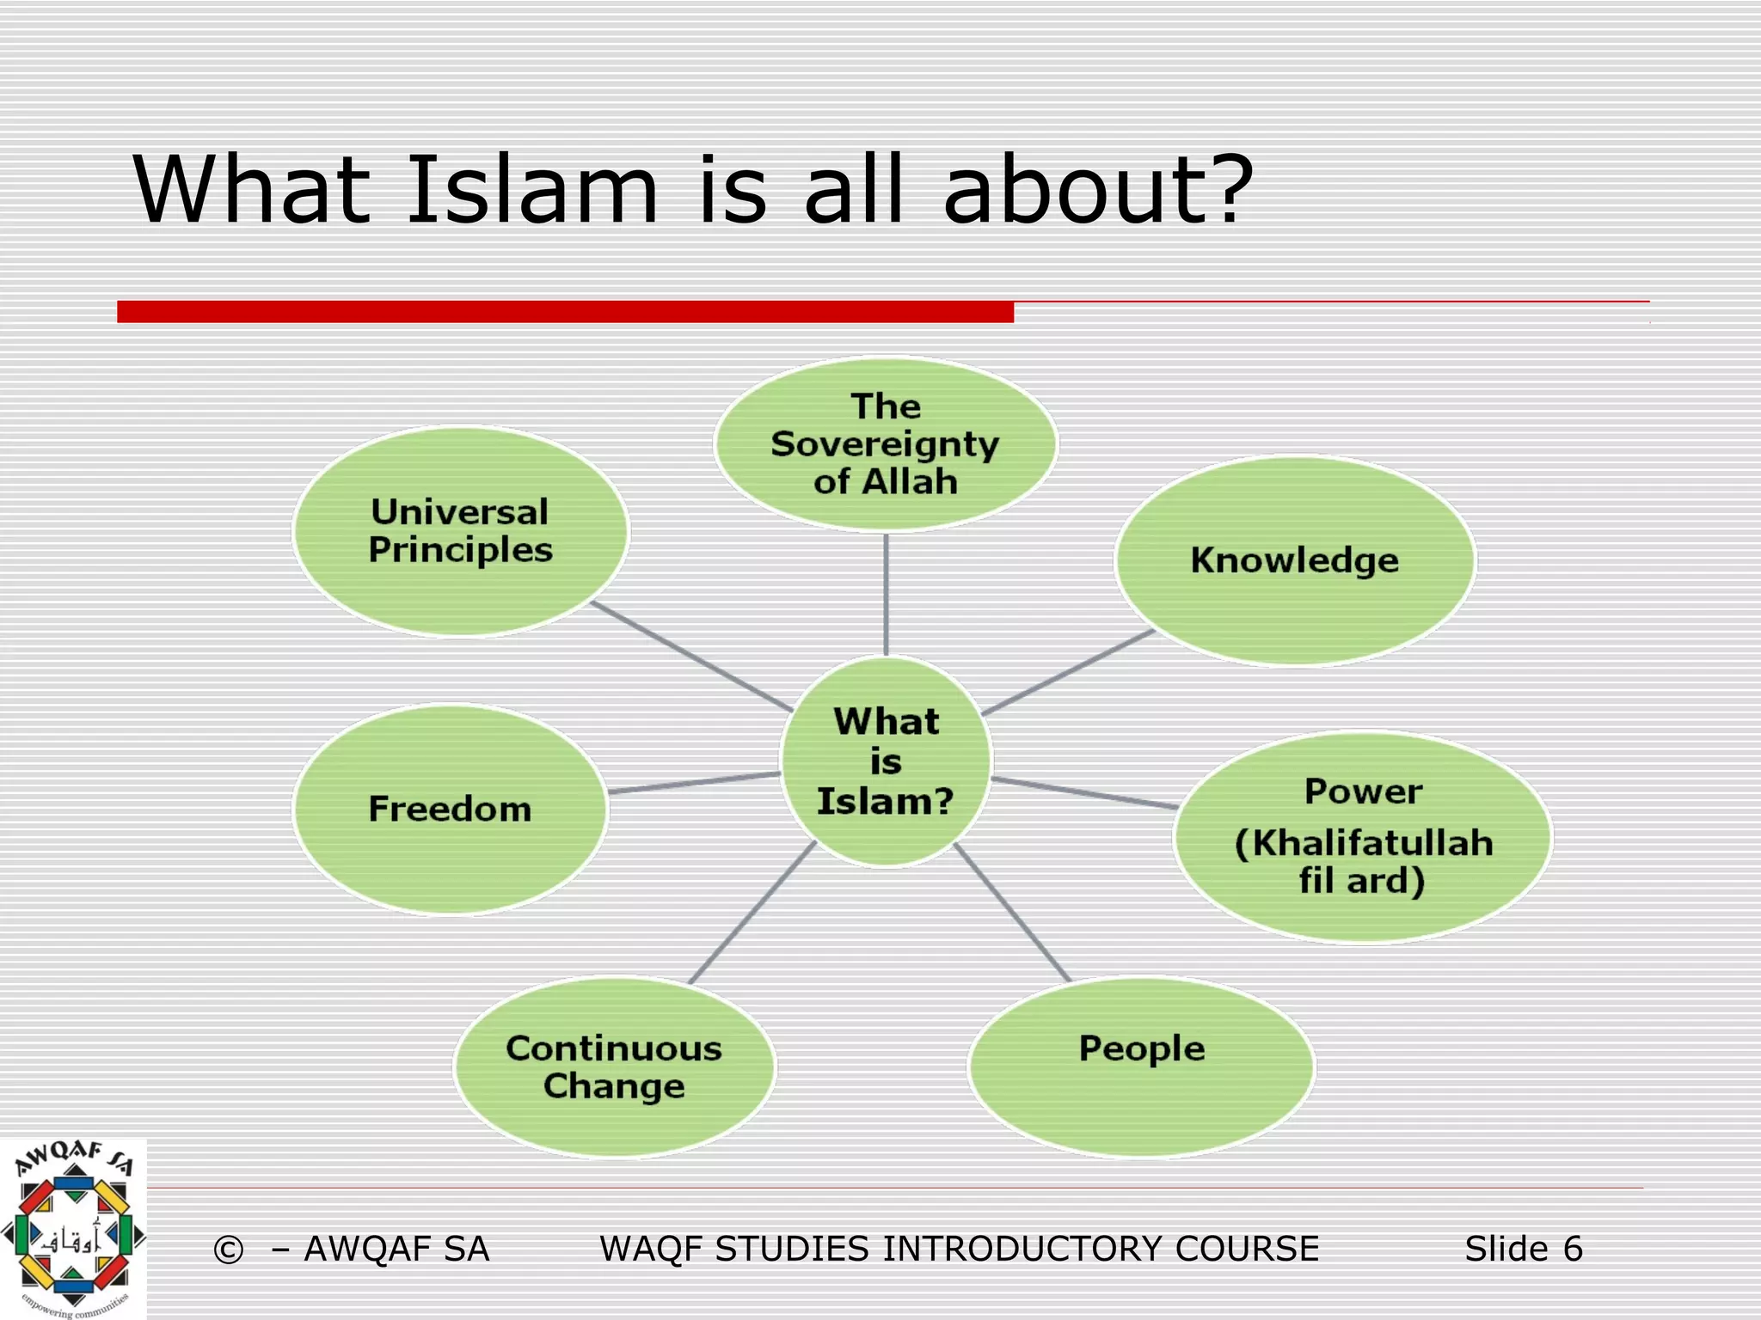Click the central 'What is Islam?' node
coord(887,761)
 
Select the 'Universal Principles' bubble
coord(461,532)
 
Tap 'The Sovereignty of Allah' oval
coord(886,443)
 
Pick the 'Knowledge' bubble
coord(1295,560)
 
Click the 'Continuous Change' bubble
coord(614,1066)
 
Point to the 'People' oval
coord(1142,1066)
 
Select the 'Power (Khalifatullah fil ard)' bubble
coord(1363,837)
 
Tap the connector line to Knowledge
coord(1067,673)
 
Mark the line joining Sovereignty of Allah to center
coord(886,593)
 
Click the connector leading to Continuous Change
coord(752,913)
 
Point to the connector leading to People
coord(1012,913)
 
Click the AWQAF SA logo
coord(73,1230)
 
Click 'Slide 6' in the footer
coord(1523,1249)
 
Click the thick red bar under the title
coord(565,312)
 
